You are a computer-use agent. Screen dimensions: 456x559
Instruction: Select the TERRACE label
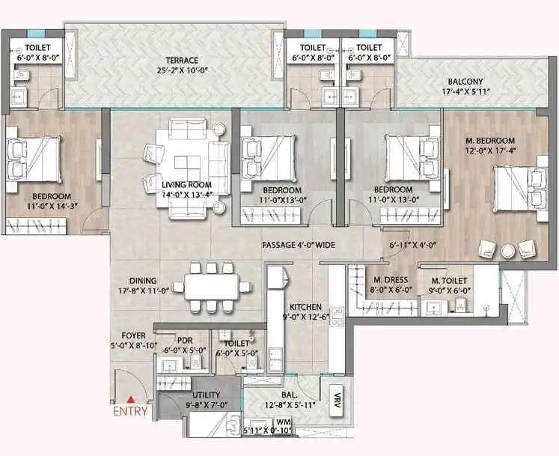pyautogui.click(x=182, y=61)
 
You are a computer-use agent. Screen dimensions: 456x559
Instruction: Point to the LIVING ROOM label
pyautogui.click(x=186, y=185)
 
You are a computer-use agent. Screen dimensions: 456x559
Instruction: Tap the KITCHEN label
pyautogui.click(x=306, y=307)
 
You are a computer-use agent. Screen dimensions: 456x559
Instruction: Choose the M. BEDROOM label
pyautogui.click(x=491, y=141)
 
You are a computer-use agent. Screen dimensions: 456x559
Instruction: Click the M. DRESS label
pyautogui.click(x=389, y=282)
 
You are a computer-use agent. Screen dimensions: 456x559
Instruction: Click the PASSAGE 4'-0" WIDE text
pyautogui.click(x=297, y=246)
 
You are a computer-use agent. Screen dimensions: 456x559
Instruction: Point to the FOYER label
pyautogui.click(x=133, y=335)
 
